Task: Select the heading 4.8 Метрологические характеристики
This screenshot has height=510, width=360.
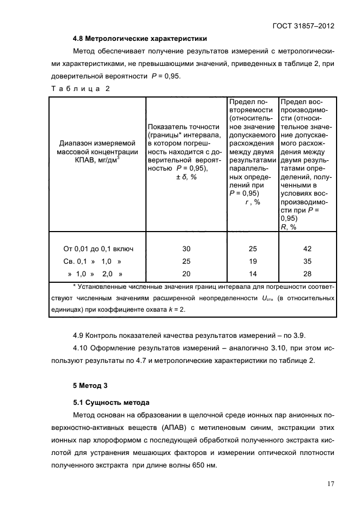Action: pyautogui.click(x=139, y=39)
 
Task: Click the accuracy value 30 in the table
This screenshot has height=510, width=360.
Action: pyautogui.click(x=186, y=249)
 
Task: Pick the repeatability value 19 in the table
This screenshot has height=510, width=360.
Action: pyautogui.click(x=252, y=262)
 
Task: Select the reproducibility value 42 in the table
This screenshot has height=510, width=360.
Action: pyautogui.click(x=307, y=249)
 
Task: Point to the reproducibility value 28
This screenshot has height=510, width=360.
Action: pyautogui.click(x=307, y=274)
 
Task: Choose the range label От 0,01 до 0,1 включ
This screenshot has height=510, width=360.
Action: pyautogui.click(x=99, y=249)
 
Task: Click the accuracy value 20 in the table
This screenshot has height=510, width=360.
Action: pyautogui.click(x=186, y=274)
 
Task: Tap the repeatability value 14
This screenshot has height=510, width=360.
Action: pyautogui.click(x=252, y=274)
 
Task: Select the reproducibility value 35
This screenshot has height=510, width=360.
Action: pyautogui.click(x=307, y=262)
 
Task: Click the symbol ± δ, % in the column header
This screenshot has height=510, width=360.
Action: pyautogui.click(x=186, y=178)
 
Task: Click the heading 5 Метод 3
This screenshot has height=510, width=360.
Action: pyautogui.click(x=91, y=385)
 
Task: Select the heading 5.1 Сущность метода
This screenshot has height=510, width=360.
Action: pyautogui.click(x=111, y=403)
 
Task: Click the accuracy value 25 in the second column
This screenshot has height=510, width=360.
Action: pyautogui.click(x=186, y=262)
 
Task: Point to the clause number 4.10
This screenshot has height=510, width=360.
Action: pyautogui.click(x=81, y=348)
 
